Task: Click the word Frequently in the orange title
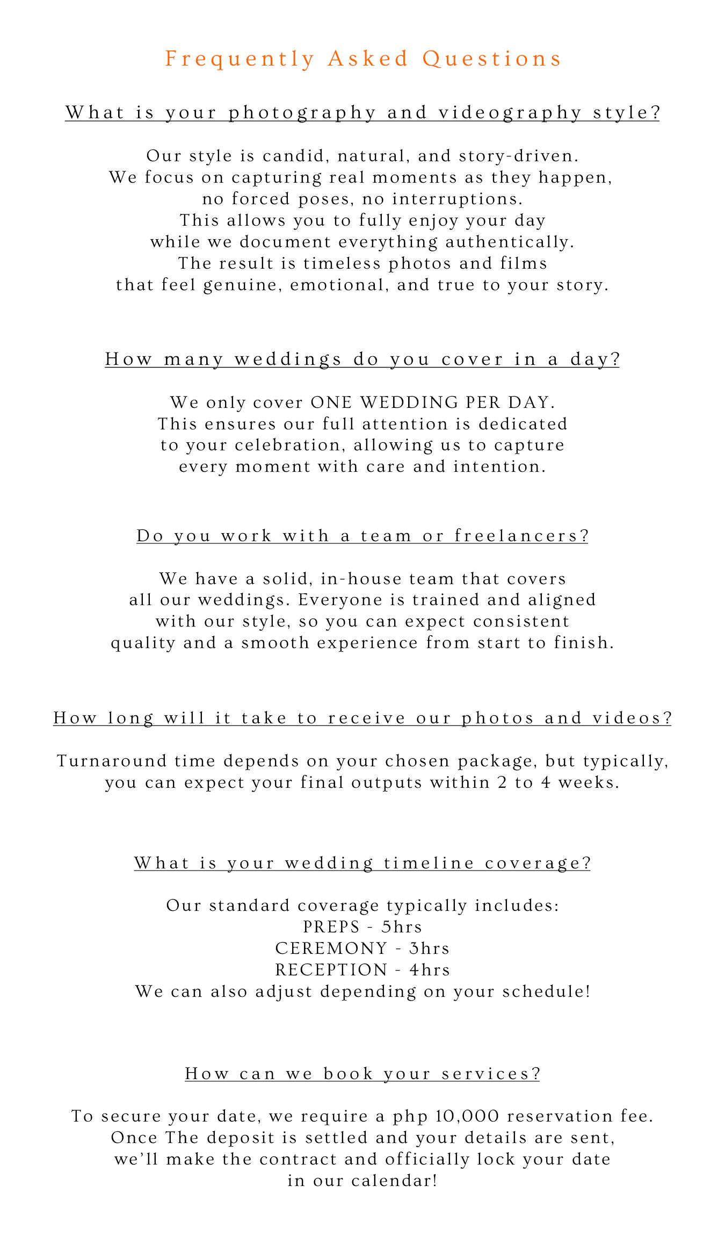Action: tap(240, 59)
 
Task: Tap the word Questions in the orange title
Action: tap(492, 59)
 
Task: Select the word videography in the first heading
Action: tap(510, 113)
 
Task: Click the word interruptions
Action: tap(458, 199)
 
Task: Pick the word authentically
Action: tap(510, 242)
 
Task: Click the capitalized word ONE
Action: tap(331, 403)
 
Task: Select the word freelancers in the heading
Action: tap(521, 536)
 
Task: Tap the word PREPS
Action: tap(331, 927)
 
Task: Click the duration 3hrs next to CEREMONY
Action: tap(429, 948)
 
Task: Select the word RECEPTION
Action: tap(331, 970)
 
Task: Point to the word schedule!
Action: tap(546, 991)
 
